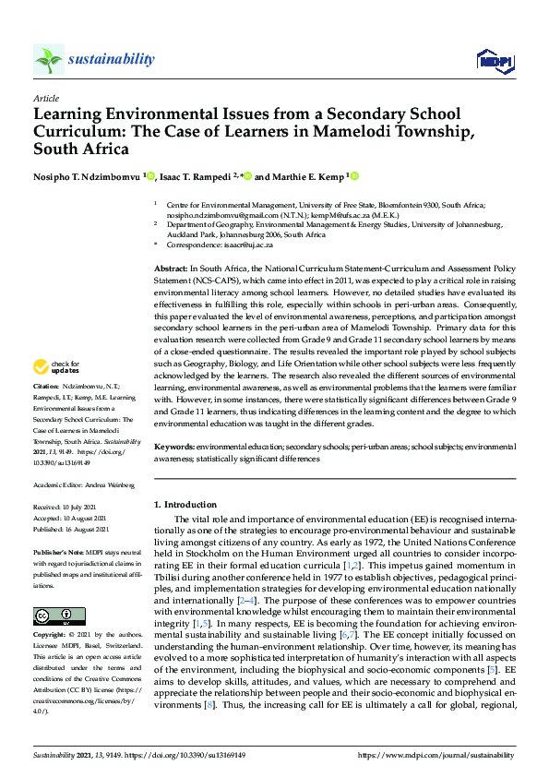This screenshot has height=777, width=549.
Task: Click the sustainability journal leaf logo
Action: [x=48, y=60]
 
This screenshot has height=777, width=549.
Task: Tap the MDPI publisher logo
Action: [x=495, y=61]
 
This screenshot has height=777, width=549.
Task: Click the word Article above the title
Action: [x=45, y=97]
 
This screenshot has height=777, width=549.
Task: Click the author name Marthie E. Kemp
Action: [x=308, y=177]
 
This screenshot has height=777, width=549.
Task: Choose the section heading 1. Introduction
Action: [x=185, y=505]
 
